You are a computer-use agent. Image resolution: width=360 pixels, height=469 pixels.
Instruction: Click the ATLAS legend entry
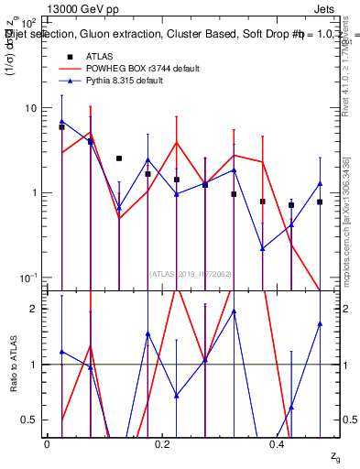coord(101,56)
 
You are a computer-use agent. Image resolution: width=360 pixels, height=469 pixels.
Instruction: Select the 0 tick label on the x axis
coord(47,443)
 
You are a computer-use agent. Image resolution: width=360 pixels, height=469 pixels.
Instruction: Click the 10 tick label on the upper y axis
coord(29,108)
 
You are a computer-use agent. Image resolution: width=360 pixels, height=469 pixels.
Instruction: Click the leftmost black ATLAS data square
coord(61,127)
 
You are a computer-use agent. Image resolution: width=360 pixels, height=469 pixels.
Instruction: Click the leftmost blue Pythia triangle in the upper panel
coord(61,121)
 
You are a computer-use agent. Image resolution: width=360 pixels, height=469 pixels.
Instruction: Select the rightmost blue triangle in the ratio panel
coord(320,323)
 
